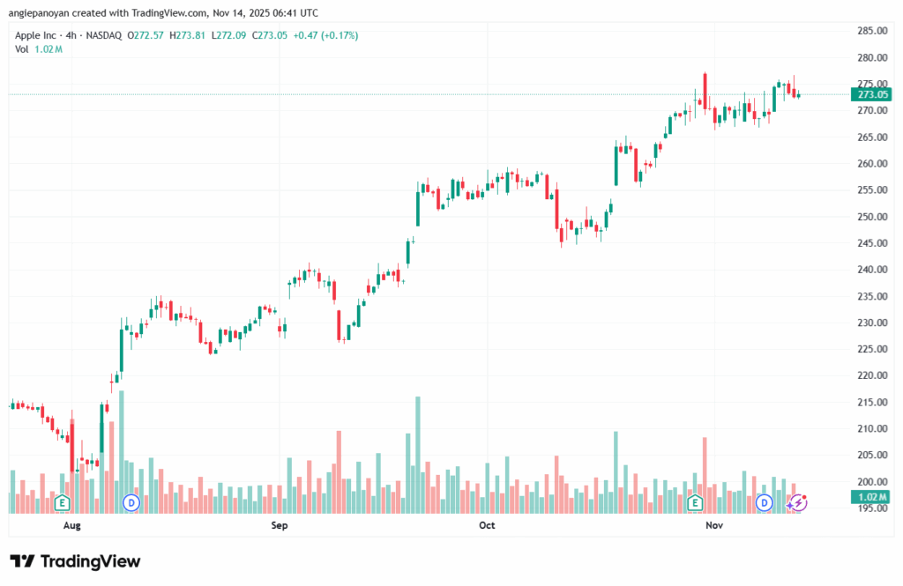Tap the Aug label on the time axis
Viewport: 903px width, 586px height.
tap(72, 526)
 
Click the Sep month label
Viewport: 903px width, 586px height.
tap(280, 526)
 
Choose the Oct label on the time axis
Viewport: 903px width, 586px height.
tap(487, 526)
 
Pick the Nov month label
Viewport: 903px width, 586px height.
tap(714, 526)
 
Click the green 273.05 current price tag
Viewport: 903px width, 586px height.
tap(871, 94)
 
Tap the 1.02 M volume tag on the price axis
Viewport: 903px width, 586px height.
tap(871, 497)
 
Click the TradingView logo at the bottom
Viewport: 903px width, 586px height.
tap(75, 561)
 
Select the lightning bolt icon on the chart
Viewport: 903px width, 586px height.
tap(799, 502)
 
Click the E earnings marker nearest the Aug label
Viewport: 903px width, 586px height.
tap(62, 502)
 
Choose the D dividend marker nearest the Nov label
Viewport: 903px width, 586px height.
tap(765, 502)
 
